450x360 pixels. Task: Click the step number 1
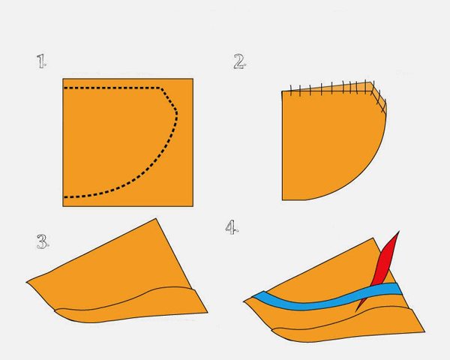coord(41,61)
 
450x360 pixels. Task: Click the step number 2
coord(239,61)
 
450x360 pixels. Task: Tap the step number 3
coord(43,241)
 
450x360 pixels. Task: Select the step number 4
coord(232,227)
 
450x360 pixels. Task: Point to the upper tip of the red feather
coord(399,231)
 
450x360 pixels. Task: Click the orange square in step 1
coord(128,142)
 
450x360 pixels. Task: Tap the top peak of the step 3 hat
coord(156,218)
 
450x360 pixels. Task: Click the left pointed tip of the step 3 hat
coord(27,282)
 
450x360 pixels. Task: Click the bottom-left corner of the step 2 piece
coord(283,199)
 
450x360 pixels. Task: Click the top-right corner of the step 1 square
coord(193,79)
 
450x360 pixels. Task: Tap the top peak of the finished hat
coord(373,238)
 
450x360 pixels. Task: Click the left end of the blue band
coord(253,295)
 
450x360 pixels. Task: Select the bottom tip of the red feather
coord(355,311)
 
